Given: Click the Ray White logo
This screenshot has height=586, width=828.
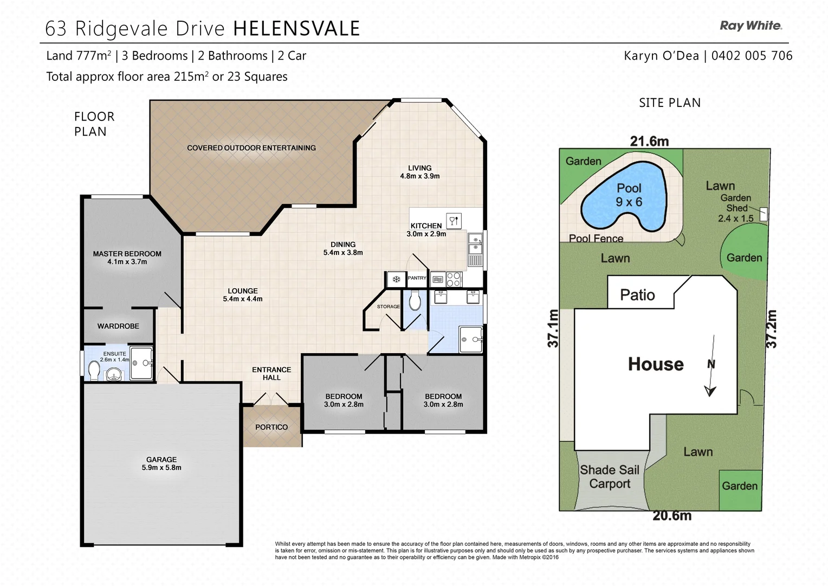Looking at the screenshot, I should point(751,26).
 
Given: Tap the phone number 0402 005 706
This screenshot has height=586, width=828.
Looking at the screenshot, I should point(752,55).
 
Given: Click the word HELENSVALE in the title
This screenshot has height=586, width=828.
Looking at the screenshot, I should point(296,28).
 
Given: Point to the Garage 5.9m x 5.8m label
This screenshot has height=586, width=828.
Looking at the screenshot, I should point(161,463).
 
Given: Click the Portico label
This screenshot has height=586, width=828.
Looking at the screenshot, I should point(271,427).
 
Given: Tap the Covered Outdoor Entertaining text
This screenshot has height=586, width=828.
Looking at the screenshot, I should point(251,148).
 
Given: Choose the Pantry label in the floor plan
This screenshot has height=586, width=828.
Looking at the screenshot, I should point(417,278).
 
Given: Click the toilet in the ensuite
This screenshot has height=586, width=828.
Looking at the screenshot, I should point(93,371).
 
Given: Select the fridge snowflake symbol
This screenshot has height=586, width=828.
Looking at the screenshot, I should point(396,279).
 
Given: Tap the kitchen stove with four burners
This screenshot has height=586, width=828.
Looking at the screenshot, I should point(454,279).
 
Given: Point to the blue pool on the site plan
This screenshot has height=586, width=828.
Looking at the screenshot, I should point(623,198).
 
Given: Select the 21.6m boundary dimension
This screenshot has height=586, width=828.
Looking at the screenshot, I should point(649,141).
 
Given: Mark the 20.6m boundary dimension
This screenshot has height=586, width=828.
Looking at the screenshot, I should point(672,515).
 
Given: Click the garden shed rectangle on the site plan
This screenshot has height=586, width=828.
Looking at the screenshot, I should point(764,214).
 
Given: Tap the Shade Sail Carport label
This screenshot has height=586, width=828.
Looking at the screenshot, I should point(610,477).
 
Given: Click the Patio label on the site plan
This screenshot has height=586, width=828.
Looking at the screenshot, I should point(637,295).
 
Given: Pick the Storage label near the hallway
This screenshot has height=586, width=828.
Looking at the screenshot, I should point(388,307).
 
